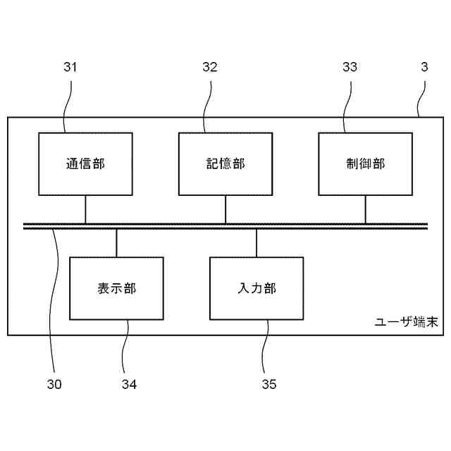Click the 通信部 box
85,163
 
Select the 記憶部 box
225,163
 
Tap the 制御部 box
365,163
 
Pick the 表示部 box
116,288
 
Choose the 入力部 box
257,288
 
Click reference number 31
70,68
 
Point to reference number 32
210,68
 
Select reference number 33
350,68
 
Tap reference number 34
128,384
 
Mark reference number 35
268,384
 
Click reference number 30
54,384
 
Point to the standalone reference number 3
424,68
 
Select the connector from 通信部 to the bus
85,209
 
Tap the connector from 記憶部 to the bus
225,209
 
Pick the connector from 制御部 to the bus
365,209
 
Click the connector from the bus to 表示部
116,243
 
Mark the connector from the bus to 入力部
257,243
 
